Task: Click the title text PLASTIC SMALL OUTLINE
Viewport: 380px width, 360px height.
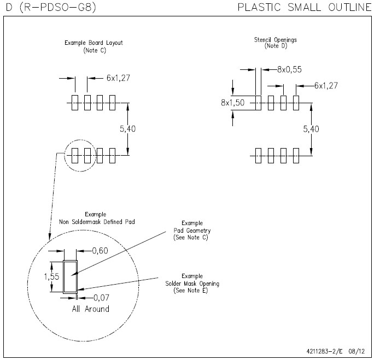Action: tap(305, 7)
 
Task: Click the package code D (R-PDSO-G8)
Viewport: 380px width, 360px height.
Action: tap(51, 7)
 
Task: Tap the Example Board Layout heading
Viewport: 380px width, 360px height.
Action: tap(93, 43)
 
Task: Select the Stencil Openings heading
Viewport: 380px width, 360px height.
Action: tap(276, 40)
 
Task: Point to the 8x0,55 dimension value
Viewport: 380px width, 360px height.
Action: tap(289, 69)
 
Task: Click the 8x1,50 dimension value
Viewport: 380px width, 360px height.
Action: tap(233, 103)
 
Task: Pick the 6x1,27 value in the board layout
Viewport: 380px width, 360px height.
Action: tap(118, 78)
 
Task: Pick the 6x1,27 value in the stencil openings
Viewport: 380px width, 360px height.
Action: tap(326, 85)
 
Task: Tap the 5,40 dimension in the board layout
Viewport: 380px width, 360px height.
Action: tap(128, 129)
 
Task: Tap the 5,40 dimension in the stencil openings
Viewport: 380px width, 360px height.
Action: tap(311, 129)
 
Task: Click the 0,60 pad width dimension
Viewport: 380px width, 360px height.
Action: tap(100, 251)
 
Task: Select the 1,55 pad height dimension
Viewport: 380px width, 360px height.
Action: tap(51, 276)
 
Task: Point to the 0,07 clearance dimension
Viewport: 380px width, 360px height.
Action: tap(101, 298)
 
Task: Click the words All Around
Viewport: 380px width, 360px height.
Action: tap(90, 309)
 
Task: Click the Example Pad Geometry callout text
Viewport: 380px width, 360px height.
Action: tap(192, 230)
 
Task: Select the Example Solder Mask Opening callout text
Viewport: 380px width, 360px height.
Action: tap(192, 284)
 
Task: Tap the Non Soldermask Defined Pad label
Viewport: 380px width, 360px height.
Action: tap(97, 222)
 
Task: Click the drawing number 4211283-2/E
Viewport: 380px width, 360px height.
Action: tap(324, 351)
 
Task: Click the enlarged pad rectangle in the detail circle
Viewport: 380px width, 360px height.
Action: tap(63, 277)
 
